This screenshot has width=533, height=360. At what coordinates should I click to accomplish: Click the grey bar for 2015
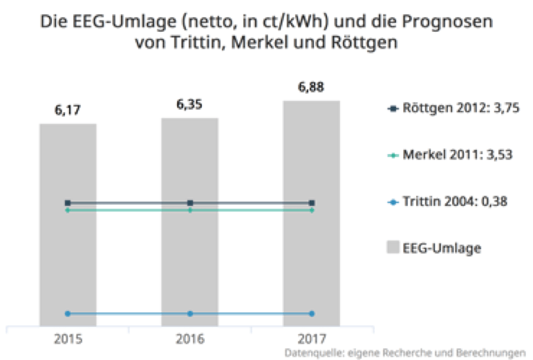68,263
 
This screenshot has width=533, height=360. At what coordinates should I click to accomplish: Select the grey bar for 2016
189,263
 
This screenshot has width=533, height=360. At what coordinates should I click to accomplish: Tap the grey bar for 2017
312,263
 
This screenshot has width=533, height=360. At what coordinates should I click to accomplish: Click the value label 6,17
68,110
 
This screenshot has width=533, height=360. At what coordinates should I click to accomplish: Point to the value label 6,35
189,104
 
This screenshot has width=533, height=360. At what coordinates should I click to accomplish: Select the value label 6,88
312,87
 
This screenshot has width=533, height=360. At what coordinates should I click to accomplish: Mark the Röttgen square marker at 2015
68,203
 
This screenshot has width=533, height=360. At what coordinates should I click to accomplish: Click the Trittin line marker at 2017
312,314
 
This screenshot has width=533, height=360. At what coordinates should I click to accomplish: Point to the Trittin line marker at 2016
189,314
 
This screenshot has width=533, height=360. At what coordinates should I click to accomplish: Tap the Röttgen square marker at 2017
312,203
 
